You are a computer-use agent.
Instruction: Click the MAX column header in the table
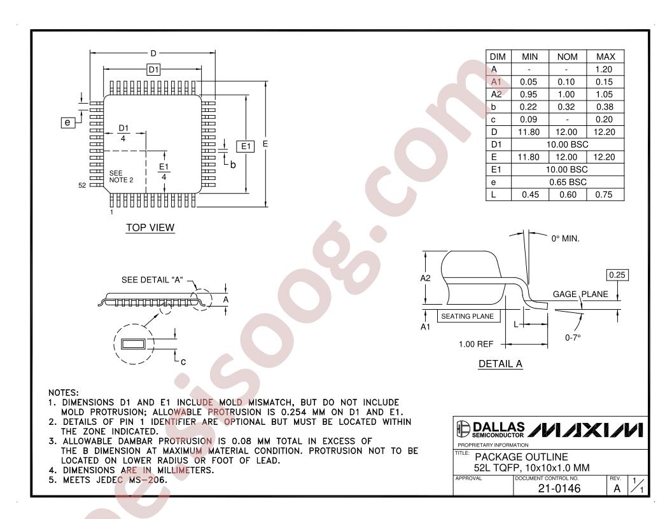coord(605,57)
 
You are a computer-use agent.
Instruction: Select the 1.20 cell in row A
coord(604,69)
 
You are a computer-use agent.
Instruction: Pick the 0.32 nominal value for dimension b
coord(566,107)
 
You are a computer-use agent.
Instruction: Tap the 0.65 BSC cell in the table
coord(568,182)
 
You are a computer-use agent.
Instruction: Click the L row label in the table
coord(493,195)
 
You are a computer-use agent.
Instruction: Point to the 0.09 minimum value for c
coord(528,120)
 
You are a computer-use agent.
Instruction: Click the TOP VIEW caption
coord(150,228)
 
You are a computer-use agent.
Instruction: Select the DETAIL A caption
coord(500,364)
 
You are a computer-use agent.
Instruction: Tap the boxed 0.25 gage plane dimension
coord(617,275)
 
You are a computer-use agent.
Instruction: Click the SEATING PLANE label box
coord(467,317)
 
